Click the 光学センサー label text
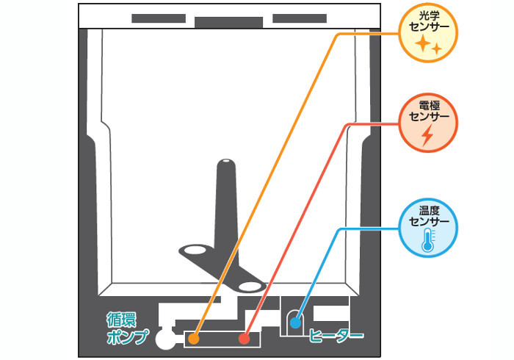(x=429, y=21)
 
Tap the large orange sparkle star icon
(x=423, y=43)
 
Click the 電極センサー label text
(x=429, y=111)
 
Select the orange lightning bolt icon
(x=427, y=135)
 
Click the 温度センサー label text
(x=429, y=216)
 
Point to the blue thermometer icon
(x=428, y=240)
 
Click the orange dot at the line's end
(x=194, y=339)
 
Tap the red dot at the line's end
(x=244, y=339)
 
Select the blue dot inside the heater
(x=295, y=323)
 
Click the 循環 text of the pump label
(x=122, y=320)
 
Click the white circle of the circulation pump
(x=165, y=339)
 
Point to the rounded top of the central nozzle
(x=226, y=162)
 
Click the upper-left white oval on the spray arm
(x=195, y=251)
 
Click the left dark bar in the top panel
(x=159, y=18)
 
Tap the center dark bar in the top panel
(x=229, y=23)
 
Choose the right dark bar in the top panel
(x=300, y=18)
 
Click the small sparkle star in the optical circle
(x=436, y=49)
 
